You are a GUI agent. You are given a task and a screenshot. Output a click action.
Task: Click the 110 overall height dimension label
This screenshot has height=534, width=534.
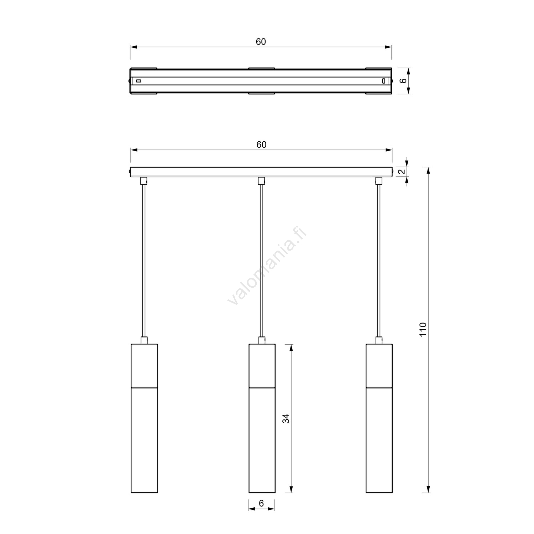tap(423, 330)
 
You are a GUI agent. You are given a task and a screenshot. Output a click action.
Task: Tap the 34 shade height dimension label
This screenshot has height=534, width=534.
tap(286, 418)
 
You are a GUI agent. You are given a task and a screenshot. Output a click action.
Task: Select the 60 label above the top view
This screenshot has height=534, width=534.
tap(261, 42)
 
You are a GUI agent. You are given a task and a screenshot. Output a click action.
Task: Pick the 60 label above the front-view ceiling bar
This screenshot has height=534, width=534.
tap(261, 145)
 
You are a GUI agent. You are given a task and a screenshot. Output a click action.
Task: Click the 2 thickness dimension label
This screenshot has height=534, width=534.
tap(402, 172)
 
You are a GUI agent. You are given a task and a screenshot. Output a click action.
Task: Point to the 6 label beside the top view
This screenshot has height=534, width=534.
tap(404, 81)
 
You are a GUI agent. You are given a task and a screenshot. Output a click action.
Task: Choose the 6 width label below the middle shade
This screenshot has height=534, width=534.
tap(261, 503)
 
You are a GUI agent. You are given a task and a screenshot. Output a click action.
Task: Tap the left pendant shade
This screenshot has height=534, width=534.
tap(144, 418)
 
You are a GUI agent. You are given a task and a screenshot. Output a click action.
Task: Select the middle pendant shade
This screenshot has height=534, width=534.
tap(262, 418)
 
